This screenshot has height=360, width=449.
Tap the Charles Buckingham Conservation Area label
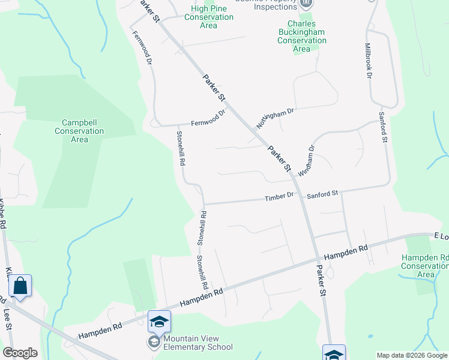pos(302,36)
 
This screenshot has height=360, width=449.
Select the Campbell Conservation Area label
pos(79,131)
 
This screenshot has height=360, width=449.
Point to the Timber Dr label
pos(281,196)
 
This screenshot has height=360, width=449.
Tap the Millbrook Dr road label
pos(368,61)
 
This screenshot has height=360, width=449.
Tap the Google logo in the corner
pos(20,353)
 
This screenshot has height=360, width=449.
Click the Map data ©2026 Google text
pos(412,355)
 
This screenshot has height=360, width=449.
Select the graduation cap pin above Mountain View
pos(159,322)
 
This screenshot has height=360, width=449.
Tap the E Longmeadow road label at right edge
pos(441,236)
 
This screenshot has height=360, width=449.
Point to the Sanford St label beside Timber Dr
pos(322,194)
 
